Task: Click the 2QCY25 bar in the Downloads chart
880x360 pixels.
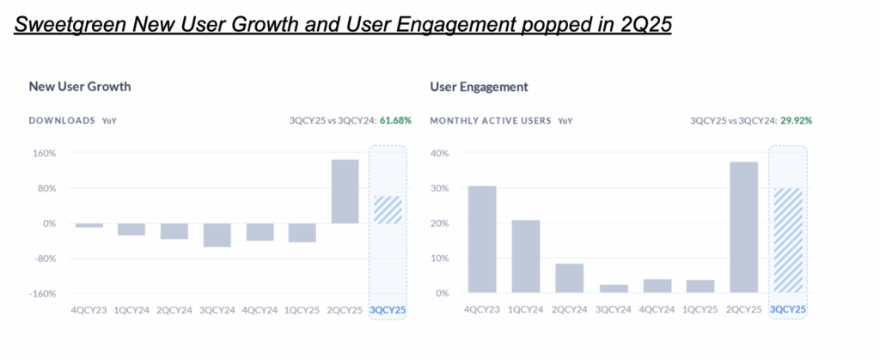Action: click(x=345, y=191)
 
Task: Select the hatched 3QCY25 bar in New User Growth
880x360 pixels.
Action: click(x=388, y=210)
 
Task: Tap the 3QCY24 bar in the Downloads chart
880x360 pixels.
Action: click(x=217, y=235)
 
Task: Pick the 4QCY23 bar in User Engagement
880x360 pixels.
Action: click(x=482, y=239)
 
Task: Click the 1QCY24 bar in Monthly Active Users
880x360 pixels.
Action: click(x=526, y=256)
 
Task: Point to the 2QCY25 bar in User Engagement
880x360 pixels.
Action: click(x=744, y=227)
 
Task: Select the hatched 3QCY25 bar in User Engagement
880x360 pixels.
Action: click(x=788, y=241)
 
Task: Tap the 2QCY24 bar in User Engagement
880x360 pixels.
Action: click(x=570, y=278)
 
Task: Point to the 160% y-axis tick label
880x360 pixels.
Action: click(x=45, y=154)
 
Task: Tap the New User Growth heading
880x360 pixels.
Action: click(x=80, y=87)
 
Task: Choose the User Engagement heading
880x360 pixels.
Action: click(x=479, y=87)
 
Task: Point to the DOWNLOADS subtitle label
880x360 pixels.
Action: click(x=62, y=121)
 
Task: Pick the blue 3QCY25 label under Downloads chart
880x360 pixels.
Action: click(x=387, y=309)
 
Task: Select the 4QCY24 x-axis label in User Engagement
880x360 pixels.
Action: click(x=657, y=309)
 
